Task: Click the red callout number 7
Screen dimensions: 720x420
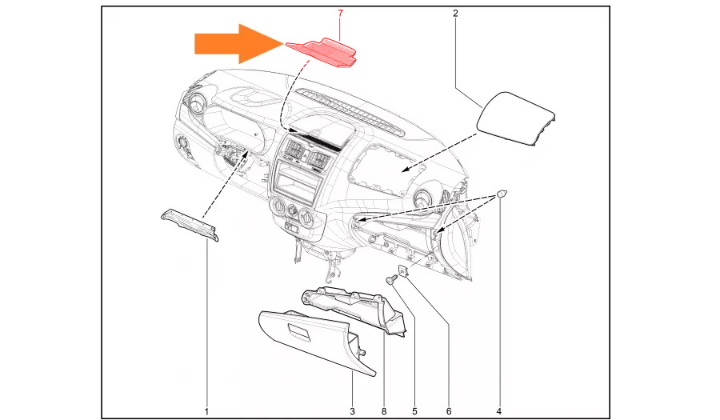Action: (340, 14)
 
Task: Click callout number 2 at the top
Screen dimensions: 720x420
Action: (455, 14)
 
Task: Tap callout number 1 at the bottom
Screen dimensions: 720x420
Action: (206, 411)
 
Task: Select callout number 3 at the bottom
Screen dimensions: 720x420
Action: (353, 411)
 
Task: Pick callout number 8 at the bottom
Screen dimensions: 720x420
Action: (384, 411)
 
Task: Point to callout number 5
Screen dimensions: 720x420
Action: (414, 411)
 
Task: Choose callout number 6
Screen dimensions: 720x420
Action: (449, 411)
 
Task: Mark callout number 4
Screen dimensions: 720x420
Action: (498, 411)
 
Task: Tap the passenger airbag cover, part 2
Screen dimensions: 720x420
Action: (517, 118)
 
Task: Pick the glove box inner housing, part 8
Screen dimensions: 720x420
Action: (354, 310)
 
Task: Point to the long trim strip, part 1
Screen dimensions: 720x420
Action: (190, 224)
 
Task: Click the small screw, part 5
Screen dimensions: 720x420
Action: (392, 278)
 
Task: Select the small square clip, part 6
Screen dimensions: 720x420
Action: (402, 271)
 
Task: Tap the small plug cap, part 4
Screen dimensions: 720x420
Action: (502, 194)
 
